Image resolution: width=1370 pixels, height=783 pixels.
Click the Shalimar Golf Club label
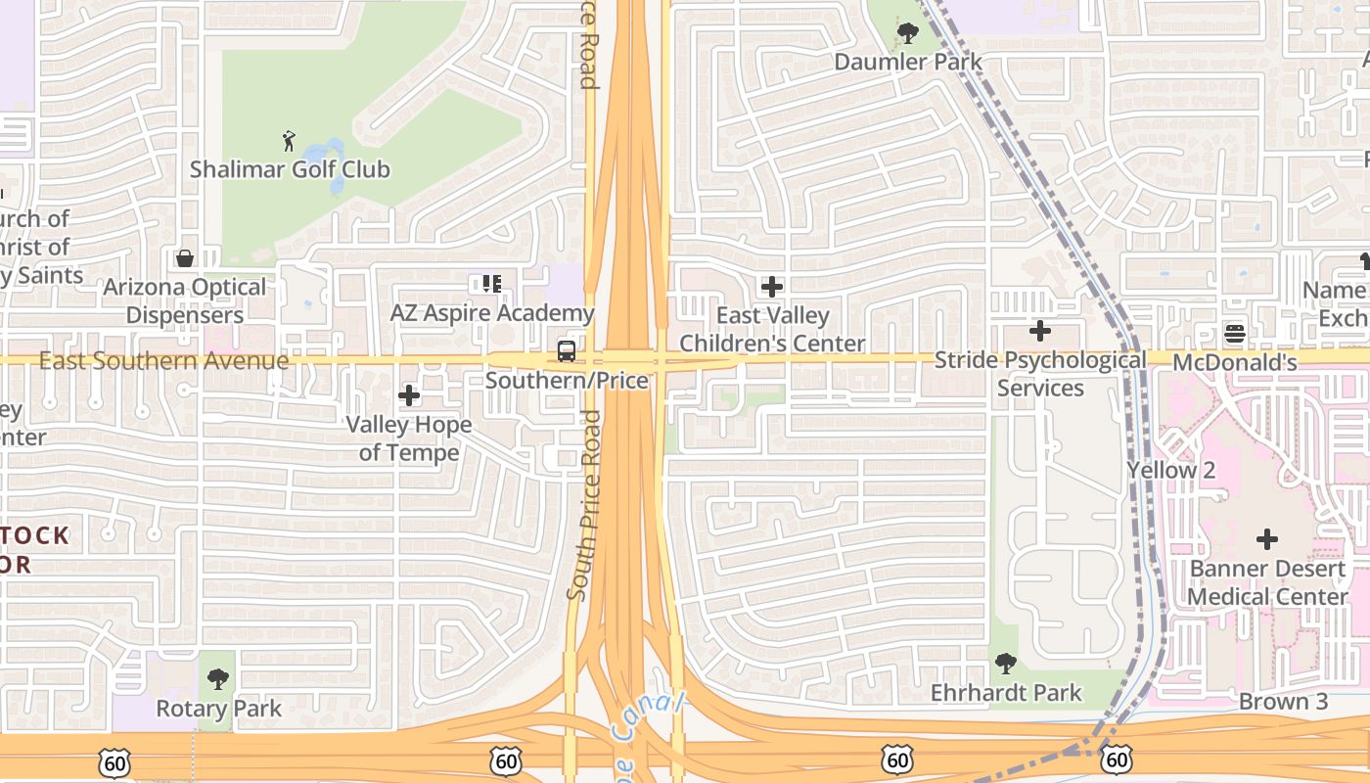coord(290,169)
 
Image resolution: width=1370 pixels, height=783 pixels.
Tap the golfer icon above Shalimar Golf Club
coord(289,141)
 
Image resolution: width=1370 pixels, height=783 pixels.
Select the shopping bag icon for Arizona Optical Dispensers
coord(184,258)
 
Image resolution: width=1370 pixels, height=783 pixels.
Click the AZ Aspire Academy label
coord(492,313)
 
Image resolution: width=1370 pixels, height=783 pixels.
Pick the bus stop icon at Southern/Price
coord(567,351)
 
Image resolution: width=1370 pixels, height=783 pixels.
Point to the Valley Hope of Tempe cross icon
coord(409,395)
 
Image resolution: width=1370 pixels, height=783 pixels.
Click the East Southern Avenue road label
coord(164,361)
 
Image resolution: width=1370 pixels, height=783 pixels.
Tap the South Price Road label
coord(583,505)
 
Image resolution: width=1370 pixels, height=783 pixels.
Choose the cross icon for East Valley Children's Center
coord(772,287)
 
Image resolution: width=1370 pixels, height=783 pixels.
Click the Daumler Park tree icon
coord(908,33)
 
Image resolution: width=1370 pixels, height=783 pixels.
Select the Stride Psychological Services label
coord(1040,374)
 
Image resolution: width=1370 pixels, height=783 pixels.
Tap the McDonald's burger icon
coord(1235,333)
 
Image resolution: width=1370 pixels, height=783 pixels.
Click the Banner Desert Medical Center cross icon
coord(1267,539)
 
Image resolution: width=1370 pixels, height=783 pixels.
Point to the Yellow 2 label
coord(1171,471)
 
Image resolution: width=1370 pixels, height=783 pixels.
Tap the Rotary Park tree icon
coord(218,679)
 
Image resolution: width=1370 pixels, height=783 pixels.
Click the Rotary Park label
coord(219,709)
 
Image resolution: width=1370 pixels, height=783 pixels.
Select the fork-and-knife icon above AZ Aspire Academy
coord(491,284)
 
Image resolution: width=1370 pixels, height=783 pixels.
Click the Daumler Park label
coord(908,62)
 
